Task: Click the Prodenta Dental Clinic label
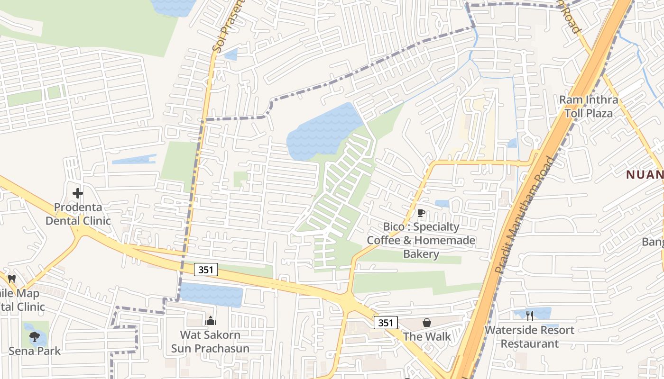tap(77, 214)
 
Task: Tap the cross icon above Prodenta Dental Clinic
tap(78, 193)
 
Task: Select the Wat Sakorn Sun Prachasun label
tap(210, 342)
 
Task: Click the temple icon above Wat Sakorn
tap(210, 321)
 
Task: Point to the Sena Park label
tap(35, 351)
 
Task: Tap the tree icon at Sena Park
tap(34, 337)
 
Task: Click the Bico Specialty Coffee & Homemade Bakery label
tap(421, 240)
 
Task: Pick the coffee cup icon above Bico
tap(421, 213)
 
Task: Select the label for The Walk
tap(427, 336)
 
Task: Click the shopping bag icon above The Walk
tap(427, 323)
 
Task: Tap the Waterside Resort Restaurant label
tap(530, 336)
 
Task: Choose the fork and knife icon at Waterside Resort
tap(530, 316)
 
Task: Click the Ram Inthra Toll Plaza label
tap(589, 107)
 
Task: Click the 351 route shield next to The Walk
tap(386, 323)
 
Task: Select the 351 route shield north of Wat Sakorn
tap(206, 270)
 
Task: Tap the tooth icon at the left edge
tap(12, 279)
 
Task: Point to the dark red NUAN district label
tap(645, 175)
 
